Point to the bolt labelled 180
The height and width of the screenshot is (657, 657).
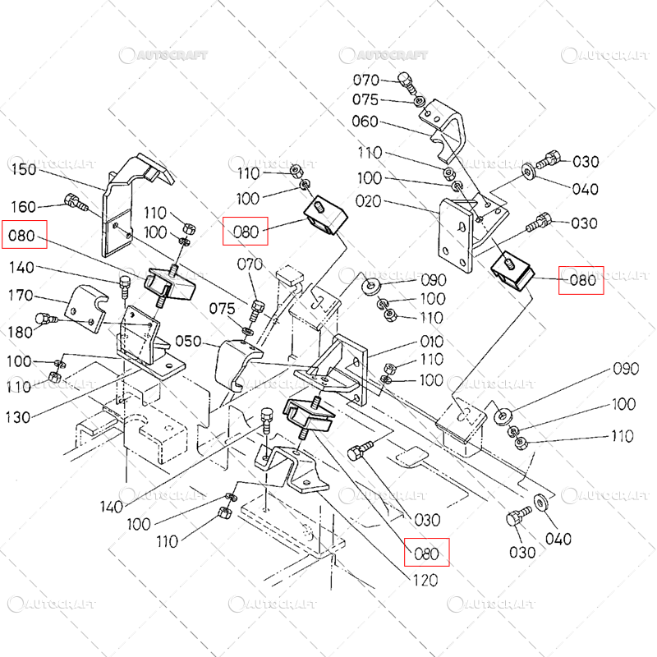43,319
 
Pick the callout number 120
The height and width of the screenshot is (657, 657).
424,580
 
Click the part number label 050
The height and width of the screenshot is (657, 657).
188,341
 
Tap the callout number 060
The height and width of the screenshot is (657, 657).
365,122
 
